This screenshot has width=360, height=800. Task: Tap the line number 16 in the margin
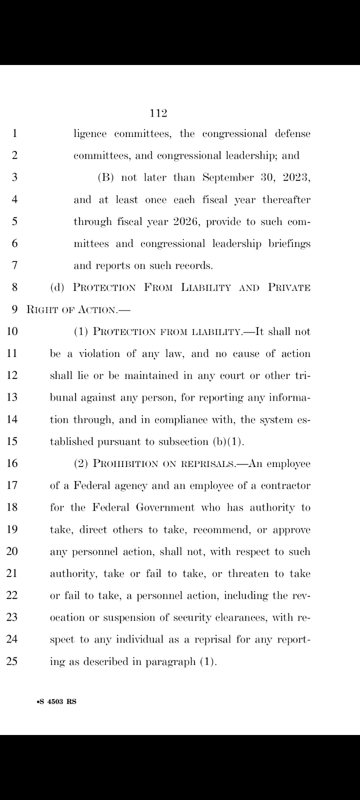pyautogui.click(x=12, y=463)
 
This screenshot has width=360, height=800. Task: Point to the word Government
pyautogui.click(x=165, y=507)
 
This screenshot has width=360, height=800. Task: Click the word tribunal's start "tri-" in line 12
pyautogui.click(x=302, y=375)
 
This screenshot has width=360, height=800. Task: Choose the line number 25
pyautogui.click(x=12, y=661)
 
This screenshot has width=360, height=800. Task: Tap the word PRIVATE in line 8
pyautogui.click(x=289, y=287)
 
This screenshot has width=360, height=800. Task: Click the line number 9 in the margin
pyautogui.click(x=15, y=309)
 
